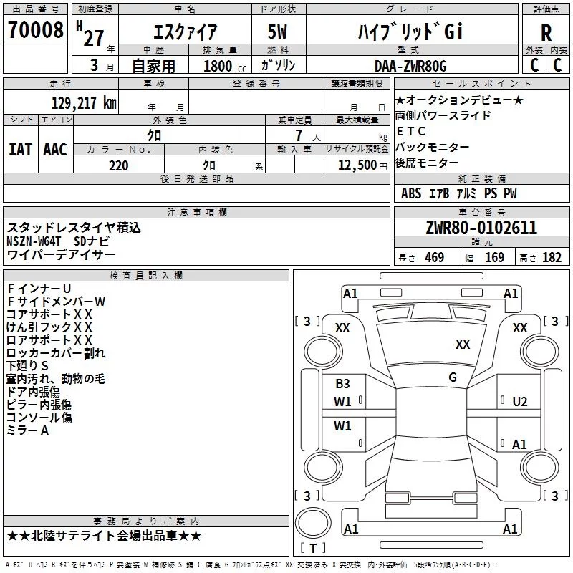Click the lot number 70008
(35, 29)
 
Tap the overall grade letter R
(546, 33)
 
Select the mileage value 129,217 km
(84, 103)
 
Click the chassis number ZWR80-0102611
(481, 228)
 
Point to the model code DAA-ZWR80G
(410, 66)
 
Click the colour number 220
(119, 165)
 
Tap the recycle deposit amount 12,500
(357, 165)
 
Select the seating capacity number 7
(299, 135)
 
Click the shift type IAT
(20, 150)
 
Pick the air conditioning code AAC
(55, 150)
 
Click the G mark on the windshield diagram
(453, 377)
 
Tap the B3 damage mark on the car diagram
(342, 384)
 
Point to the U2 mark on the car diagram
(520, 402)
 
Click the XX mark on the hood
(463, 344)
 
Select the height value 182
(552, 257)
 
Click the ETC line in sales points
(410, 131)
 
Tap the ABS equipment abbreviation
(411, 193)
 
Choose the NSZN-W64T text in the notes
(34, 241)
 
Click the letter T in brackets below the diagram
(313, 548)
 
